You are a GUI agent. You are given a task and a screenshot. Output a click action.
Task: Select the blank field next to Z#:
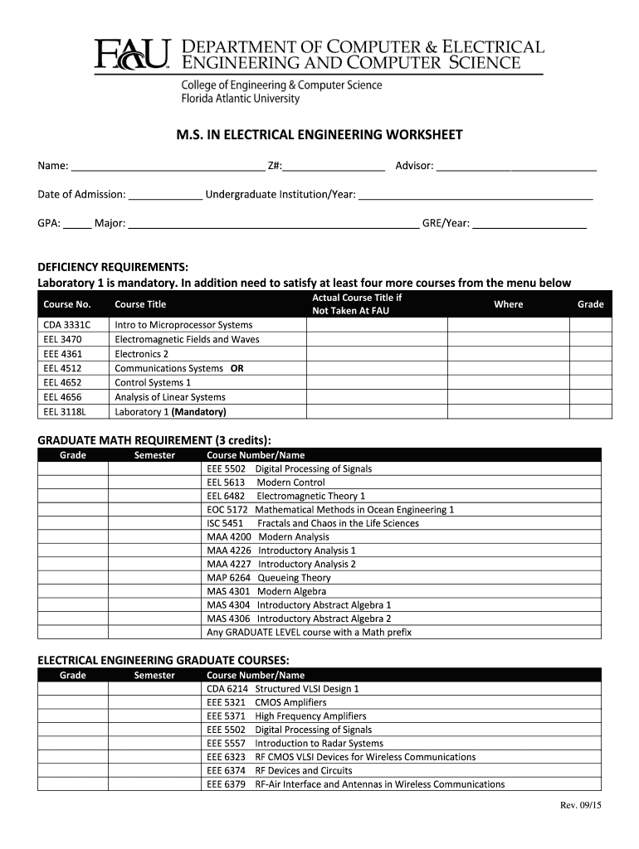[x=334, y=167]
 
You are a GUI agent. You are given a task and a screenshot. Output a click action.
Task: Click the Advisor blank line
[x=516, y=167]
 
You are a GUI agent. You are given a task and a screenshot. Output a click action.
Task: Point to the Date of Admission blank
[x=165, y=195]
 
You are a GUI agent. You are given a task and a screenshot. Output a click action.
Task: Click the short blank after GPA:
[x=77, y=223]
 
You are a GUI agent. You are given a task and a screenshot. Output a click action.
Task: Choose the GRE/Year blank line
[x=529, y=223]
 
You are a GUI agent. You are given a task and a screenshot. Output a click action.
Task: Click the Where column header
[x=508, y=304]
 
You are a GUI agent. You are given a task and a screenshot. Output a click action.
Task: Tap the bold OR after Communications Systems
[x=237, y=368]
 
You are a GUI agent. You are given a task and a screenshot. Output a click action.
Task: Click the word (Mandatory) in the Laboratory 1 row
[x=198, y=411]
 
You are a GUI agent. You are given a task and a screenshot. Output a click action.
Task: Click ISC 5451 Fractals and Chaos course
[x=312, y=523]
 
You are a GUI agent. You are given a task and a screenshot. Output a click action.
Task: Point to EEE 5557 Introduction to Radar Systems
[x=295, y=743]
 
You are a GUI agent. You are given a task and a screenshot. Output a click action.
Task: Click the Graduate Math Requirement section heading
[x=154, y=439]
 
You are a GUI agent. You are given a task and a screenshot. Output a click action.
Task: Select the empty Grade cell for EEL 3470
[x=590, y=339]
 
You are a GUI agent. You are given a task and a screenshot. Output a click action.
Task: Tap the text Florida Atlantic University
[x=240, y=99]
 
